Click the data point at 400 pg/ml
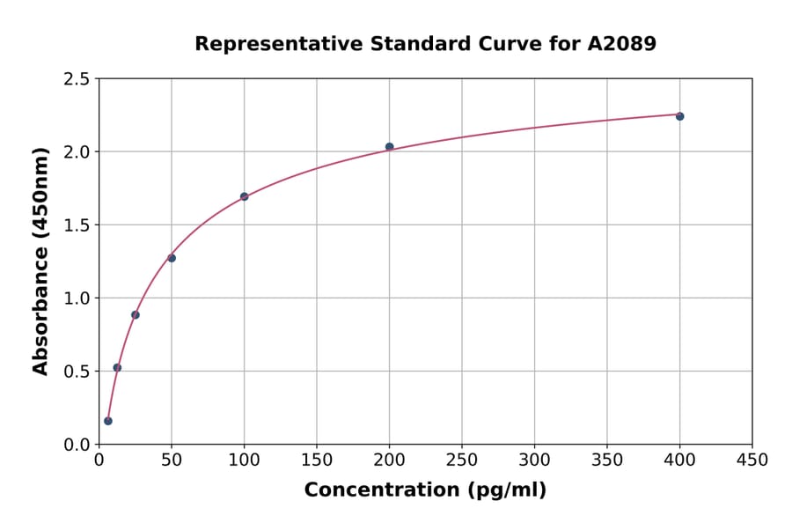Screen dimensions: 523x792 pos(679,116)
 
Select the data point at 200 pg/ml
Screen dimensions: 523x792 pos(389,147)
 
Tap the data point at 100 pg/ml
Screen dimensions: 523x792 pos(244,196)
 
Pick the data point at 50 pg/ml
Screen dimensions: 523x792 pos(172,258)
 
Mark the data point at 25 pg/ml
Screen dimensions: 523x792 pos(136,314)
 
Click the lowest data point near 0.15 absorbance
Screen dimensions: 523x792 pos(108,421)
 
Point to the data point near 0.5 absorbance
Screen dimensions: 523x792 pos(117,367)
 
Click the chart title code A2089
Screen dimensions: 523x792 pos(621,43)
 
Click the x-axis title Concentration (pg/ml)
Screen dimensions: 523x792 pos(425,490)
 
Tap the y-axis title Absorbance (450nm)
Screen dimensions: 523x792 pos(40,261)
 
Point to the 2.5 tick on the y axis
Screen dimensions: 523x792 pos(77,79)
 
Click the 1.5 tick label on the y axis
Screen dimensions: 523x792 pos(77,225)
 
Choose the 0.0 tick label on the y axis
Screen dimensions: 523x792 pos(77,445)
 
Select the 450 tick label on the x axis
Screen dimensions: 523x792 pos(752,460)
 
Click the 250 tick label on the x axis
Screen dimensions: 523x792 pos(462,460)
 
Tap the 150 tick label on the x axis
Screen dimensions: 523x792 pos(317,460)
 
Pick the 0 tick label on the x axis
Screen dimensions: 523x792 pos(99,460)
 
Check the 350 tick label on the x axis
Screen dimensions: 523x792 pos(607,460)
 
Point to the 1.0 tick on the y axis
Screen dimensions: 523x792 pos(77,298)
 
